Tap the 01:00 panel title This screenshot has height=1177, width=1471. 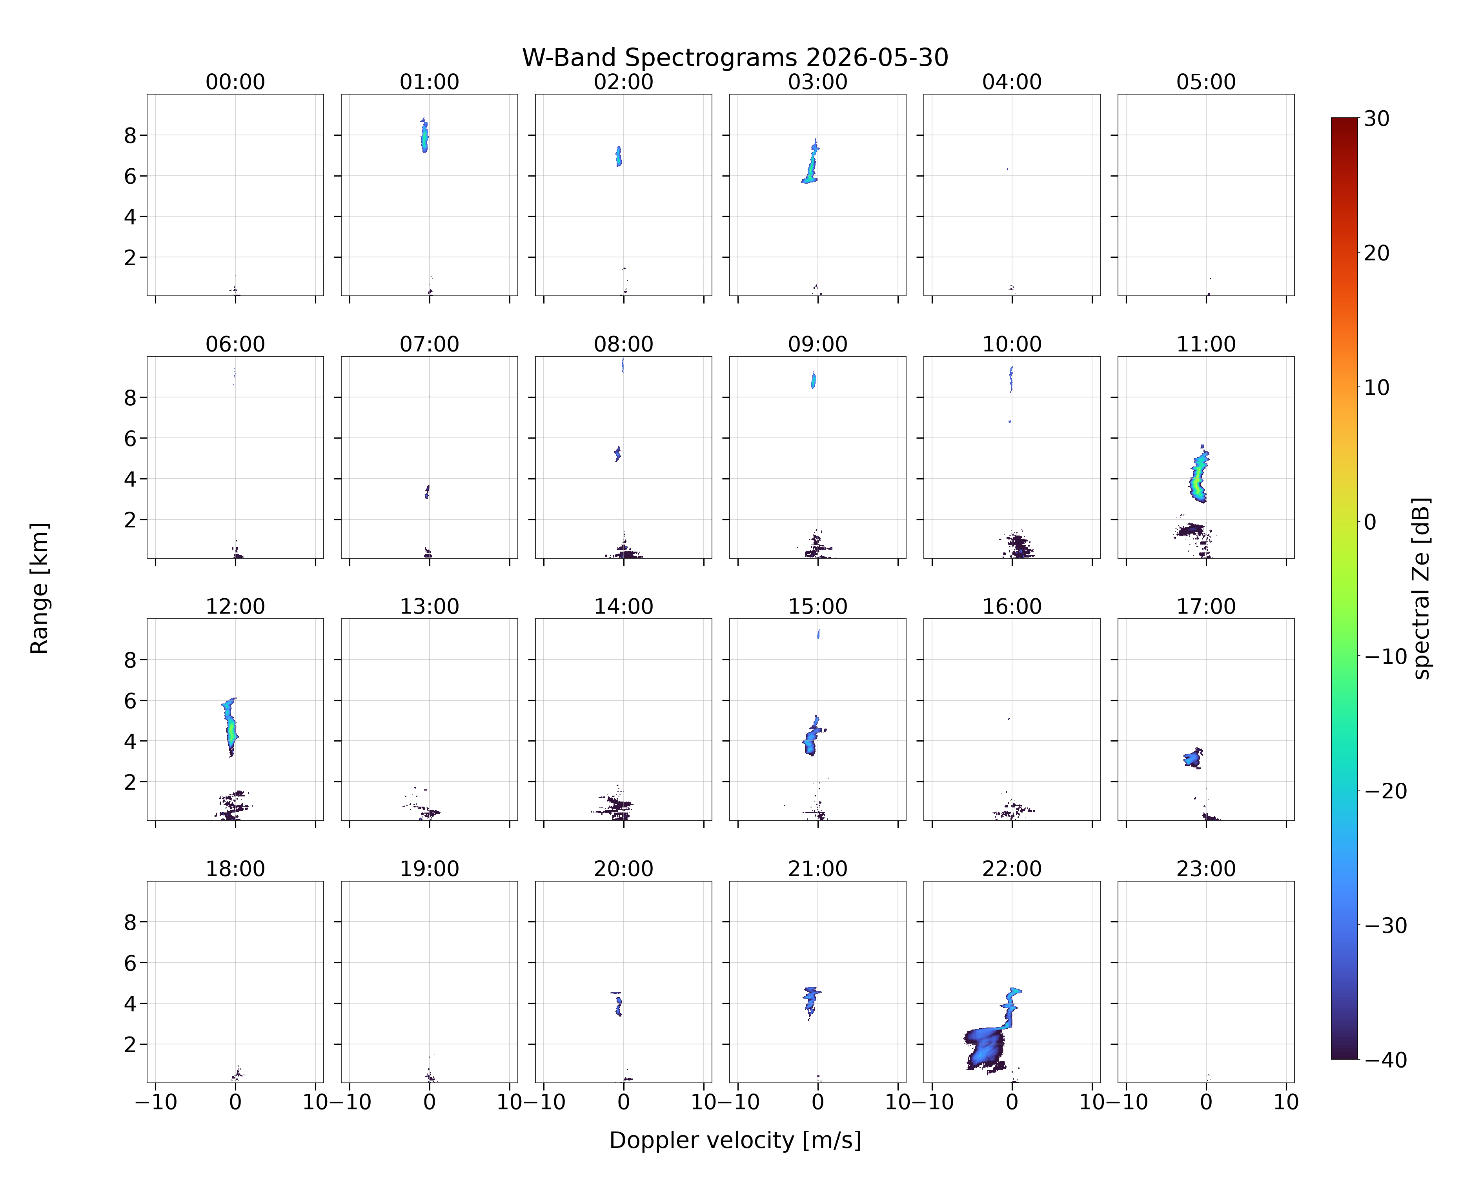[429, 82]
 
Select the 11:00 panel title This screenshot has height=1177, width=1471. [1205, 344]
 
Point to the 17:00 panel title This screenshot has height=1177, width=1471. [1205, 607]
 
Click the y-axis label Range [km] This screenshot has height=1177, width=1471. [40, 588]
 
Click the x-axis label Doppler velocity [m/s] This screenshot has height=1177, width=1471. [735, 1140]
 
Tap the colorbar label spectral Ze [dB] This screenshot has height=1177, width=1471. [1420, 588]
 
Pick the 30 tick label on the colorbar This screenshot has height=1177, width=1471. [1377, 119]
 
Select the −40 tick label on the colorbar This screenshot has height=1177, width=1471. [1385, 1060]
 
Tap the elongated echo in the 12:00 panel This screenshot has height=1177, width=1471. [231, 727]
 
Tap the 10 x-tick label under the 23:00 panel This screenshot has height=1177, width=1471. [1286, 1102]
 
